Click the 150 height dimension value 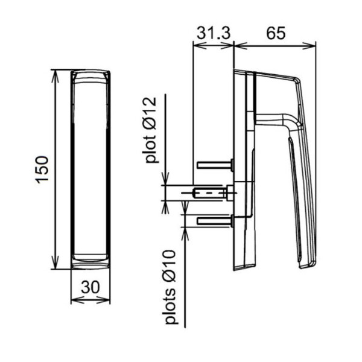42,170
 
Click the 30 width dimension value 91,287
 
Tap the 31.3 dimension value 214,33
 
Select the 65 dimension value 276,33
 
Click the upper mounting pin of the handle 215,165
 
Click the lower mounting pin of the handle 215,221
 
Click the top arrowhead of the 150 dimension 55,75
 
